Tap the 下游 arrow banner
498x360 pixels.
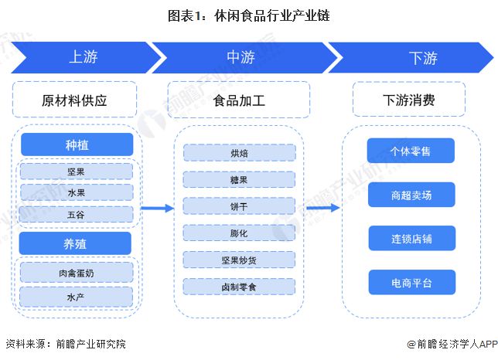(413, 57)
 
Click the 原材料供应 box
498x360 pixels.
(74, 100)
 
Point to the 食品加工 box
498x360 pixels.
(239, 100)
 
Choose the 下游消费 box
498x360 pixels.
(409, 100)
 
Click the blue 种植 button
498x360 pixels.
(77, 144)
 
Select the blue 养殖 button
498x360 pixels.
(75, 243)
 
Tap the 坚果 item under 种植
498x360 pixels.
(77, 172)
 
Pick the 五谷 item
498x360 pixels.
(76, 215)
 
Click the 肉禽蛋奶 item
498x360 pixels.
(77, 273)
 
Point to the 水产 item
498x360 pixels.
(76, 297)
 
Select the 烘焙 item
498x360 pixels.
(239, 153)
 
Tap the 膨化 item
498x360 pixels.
(239, 233)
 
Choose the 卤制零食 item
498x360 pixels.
(239, 287)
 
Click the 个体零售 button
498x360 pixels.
(411, 151)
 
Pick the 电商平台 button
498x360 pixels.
(412, 282)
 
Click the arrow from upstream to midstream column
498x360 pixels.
(158, 208)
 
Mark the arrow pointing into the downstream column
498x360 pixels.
(323, 208)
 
